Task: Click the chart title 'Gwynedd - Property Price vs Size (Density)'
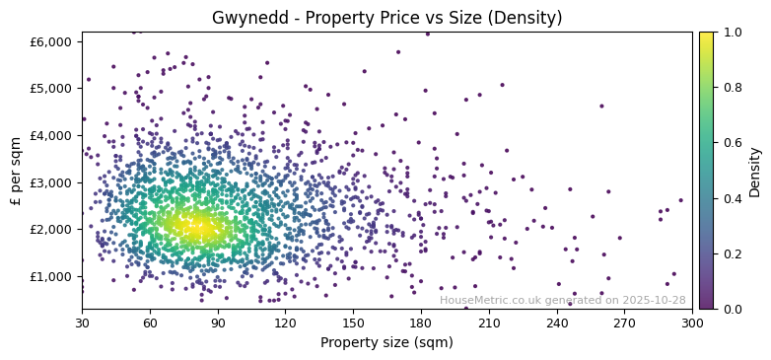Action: point(386,18)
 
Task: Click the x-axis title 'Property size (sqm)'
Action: point(386,343)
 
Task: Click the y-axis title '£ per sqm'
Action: point(16,171)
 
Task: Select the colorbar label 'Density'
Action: point(754,171)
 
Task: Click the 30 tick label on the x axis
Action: point(82,323)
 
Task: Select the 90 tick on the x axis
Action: point(217,323)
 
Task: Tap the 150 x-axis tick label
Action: point(353,323)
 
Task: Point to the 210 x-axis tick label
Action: point(489,323)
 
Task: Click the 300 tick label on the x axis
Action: point(692,323)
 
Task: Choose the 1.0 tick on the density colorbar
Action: point(731,33)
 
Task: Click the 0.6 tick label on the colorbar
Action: point(731,143)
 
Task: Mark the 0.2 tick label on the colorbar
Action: point(731,253)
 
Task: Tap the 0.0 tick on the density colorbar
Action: point(731,309)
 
